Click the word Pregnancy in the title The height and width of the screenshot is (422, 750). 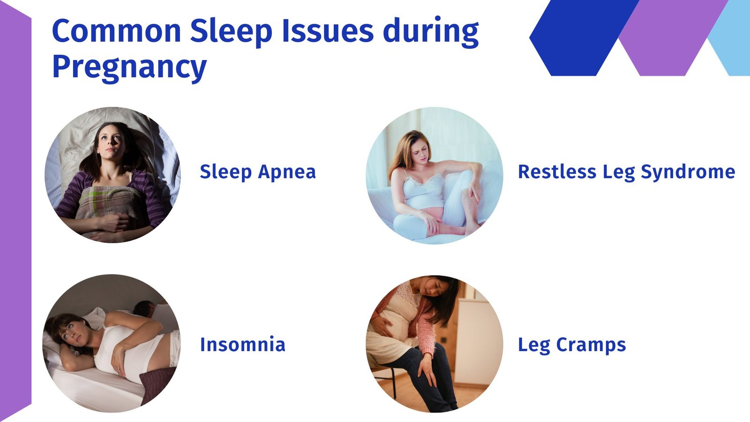pos(129,67)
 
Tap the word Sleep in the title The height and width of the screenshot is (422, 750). pos(232,31)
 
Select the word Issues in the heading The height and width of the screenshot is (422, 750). pos(328,31)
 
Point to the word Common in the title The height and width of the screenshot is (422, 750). pos(117,31)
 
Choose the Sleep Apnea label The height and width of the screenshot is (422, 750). pos(258,172)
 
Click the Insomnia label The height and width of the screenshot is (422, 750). pos(243,344)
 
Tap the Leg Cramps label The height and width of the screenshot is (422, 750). pos(572,345)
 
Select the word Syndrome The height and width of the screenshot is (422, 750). pos(688,172)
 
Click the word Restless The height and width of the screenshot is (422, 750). pos(557,172)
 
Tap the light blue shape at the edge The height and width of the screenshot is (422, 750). pos(730,38)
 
